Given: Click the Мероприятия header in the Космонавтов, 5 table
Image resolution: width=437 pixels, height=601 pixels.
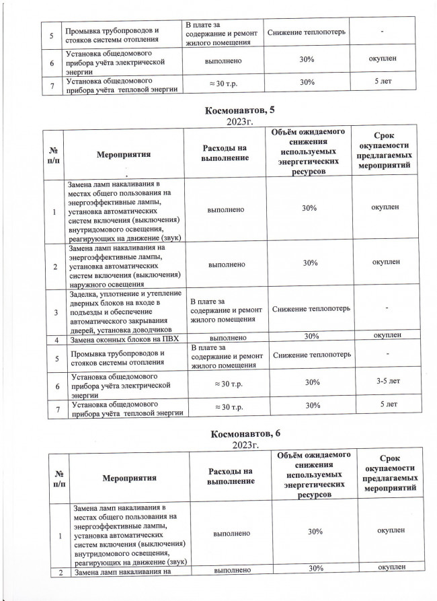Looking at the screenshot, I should point(123,154).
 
